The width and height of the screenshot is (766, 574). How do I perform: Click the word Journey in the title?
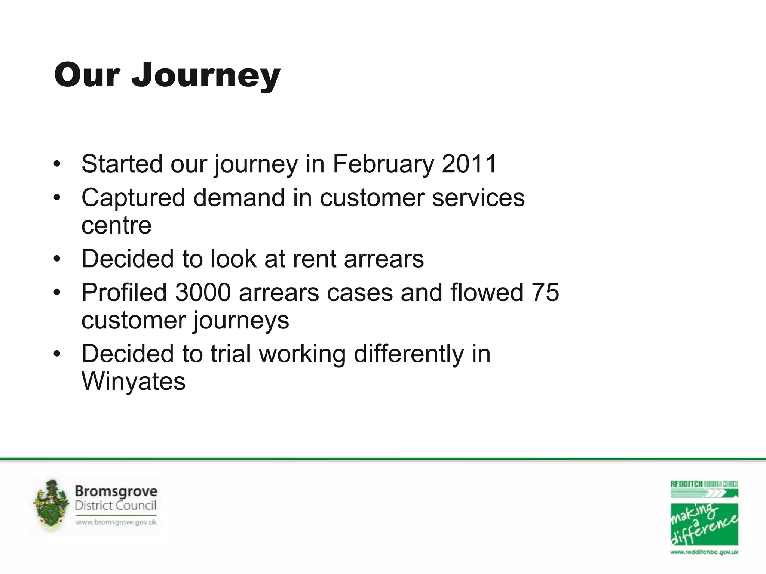(x=206, y=76)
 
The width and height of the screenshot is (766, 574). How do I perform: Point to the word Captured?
(x=133, y=198)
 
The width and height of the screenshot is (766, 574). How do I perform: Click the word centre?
(x=116, y=225)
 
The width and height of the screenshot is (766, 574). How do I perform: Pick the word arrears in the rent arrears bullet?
(x=384, y=259)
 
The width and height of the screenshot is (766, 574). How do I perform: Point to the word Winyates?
(x=133, y=381)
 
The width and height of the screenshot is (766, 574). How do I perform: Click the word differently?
(x=408, y=354)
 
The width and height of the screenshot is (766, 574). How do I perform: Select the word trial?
(x=230, y=354)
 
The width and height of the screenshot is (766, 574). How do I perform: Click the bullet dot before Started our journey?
(x=57, y=164)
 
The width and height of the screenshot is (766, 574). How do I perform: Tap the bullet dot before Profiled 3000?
(x=57, y=293)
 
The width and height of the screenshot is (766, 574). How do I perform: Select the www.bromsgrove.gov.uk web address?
(x=116, y=522)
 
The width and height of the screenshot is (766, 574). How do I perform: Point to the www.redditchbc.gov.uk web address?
(x=704, y=552)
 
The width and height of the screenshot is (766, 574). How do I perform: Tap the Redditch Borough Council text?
(x=704, y=484)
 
